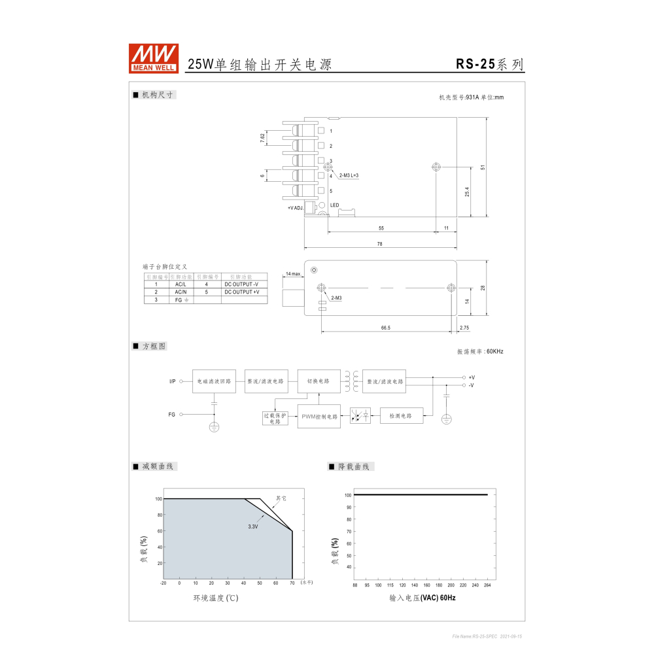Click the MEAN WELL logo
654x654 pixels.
153,58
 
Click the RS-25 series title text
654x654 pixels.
490,64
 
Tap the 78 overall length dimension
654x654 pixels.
379,244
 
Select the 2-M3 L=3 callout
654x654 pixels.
349,175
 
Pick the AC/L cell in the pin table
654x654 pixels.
181,284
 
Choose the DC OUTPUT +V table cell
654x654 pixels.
242,292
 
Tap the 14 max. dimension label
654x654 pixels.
292,274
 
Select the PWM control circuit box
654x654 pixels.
319,417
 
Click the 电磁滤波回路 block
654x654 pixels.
214,381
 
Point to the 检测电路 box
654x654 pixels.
402,415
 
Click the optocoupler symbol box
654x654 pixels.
360,415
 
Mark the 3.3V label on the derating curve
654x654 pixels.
252,526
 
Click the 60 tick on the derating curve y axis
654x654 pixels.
158,531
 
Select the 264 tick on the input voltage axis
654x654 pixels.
487,585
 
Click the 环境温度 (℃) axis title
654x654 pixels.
215,598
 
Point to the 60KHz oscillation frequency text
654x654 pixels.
480,352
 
